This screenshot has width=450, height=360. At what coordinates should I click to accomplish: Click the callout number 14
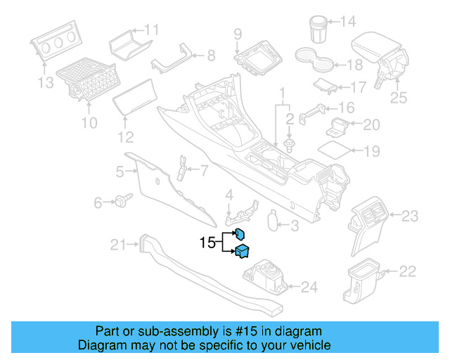(348, 21)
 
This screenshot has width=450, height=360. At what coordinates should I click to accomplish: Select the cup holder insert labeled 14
(316, 29)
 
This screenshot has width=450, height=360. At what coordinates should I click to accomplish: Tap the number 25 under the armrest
(398, 98)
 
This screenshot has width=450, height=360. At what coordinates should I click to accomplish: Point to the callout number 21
(118, 245)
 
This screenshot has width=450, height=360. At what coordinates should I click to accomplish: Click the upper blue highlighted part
(239, 235)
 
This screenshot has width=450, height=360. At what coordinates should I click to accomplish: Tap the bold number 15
(207, 243)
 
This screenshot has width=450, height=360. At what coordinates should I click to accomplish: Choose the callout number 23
(410, 215)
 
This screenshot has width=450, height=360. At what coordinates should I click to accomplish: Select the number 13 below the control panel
(45, 84)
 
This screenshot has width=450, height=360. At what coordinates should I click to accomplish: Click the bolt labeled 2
(290, 144)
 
